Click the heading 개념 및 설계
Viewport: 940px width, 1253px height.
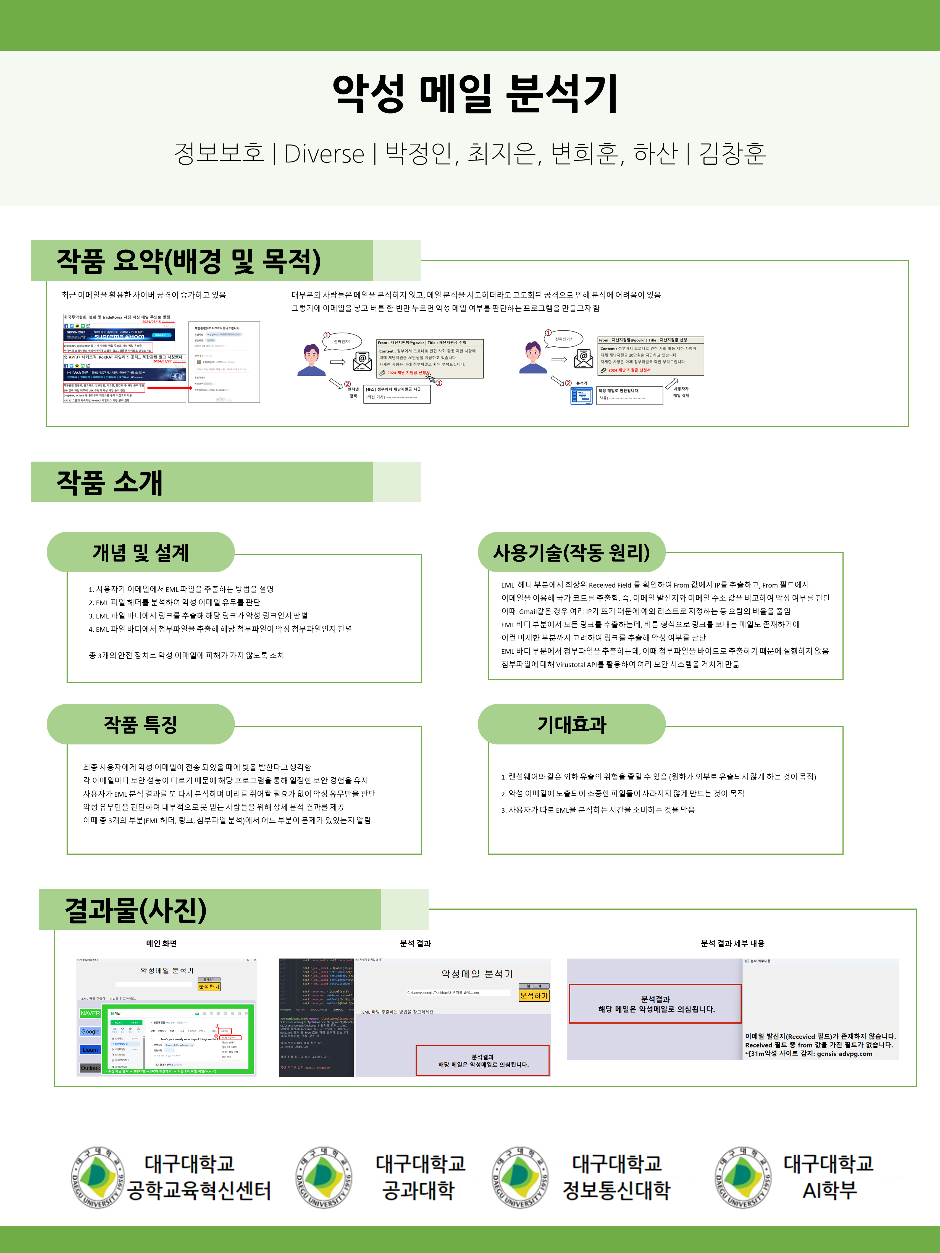[141, 552]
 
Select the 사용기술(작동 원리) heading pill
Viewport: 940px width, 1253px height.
[571, 552]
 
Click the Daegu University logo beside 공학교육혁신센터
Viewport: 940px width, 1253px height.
[98, 1177]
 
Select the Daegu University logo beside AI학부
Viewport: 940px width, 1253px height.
[743, 1177]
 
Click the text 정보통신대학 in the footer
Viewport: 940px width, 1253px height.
[616, 1190]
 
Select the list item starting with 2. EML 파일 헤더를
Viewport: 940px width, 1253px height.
[175, 602]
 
